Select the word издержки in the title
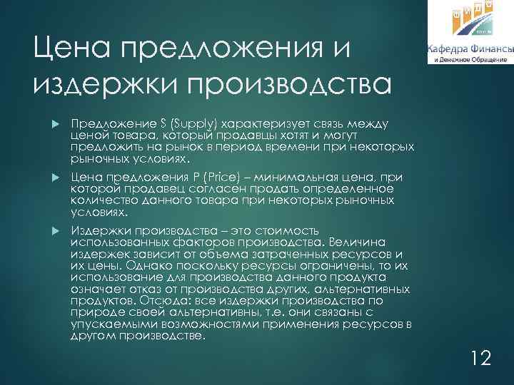(101, 85)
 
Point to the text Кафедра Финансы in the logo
(470, 48)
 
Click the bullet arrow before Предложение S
(58, 123)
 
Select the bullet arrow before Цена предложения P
(58, 175)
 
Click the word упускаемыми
(106, 323)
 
